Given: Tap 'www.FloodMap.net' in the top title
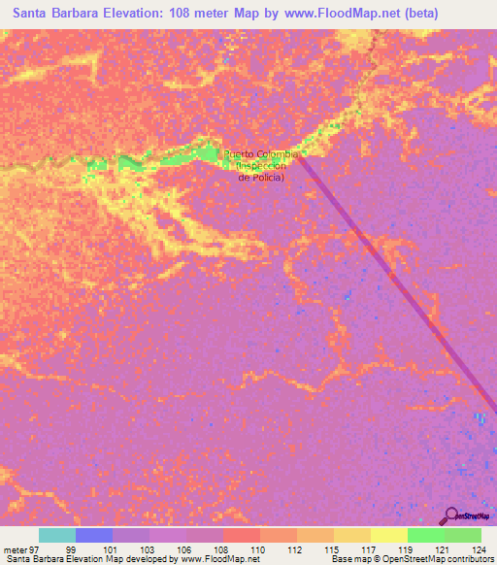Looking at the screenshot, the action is pyautogui.click(x=338, y=14).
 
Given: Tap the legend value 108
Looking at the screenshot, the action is pyautogui.click(x=222, y=548).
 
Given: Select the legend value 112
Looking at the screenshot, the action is pyautogui.click(x=296, y=548).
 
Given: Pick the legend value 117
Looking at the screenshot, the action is pyautogui.click(x=370, y=548).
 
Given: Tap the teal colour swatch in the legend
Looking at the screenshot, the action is pyautogui.click(x=56, y=535).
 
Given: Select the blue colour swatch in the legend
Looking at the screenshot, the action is pyautogui.click(x=93, y=535).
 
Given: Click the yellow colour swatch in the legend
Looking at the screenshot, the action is pyautogui.click(x=388, y=535).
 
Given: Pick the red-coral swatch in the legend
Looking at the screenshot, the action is pyautogui.click(x=241, y=535).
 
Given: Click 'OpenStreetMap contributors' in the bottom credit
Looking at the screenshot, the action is pyautogui.click(x=432, y=559).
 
